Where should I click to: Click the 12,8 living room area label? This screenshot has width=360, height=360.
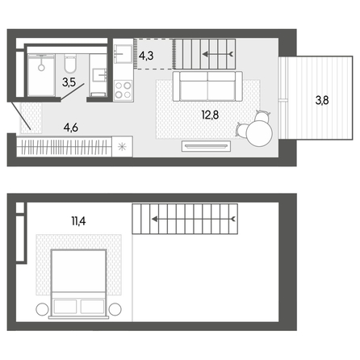pyautogui.click(x=210, y=115)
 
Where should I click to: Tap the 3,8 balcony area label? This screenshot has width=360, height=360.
pyautogui.click(x=322, y=101)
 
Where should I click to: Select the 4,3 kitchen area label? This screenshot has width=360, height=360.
pyautogui.click(x=146, y=56)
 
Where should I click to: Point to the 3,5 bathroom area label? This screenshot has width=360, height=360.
pyautogui.click(x=69, y=82)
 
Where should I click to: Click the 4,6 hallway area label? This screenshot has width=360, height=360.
pyautogui.click(x=71, y=128)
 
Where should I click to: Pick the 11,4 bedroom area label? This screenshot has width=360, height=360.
pyautogui.click(x=78, y=221)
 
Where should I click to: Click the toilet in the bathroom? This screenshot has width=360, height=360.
pyautogui.click(x=70, y=64)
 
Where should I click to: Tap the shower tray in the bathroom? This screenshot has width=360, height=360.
pyautogui.click(x=41, y=75)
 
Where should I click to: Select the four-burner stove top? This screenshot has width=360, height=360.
pyautogui.click(x=123, y=90)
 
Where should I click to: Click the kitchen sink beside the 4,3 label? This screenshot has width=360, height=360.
pyautogui.click(x=123, y=54)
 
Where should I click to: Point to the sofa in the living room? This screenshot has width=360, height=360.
pyautogui.click(x=207, y=86)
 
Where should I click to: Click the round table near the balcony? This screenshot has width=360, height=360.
pyautogui.click(x=259, y=133)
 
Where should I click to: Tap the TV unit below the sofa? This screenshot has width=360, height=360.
pyautogui.click(x=207, y=146)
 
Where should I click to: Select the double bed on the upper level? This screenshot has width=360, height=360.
pyautogui.click(x=78, y=284)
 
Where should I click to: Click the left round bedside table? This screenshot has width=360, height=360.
pyautogui.click(x=42, y=309)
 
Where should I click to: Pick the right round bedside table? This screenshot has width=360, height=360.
pyautogui.click(x=115, y=309)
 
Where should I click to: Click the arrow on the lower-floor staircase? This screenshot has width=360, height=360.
pyautogui.click(x=218, y=55)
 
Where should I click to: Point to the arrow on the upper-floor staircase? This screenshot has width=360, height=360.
pyautogui.click(x=194, y=220)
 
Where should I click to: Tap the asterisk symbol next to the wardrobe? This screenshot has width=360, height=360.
pyautogui.click(x=122, y=147)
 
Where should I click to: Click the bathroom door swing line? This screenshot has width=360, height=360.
pyautogui.click(x=73, y=92)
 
